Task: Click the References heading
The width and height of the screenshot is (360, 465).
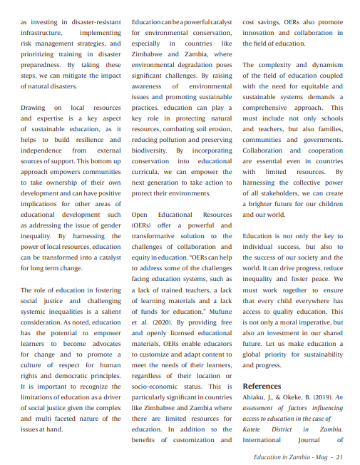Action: (262, 386)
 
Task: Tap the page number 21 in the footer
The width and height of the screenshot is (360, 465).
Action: (341, 457)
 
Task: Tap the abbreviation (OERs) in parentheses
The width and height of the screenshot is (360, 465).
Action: (143, 225)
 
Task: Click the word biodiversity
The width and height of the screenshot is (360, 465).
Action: (150, 150)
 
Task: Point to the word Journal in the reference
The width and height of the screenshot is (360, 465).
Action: (307, 440)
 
